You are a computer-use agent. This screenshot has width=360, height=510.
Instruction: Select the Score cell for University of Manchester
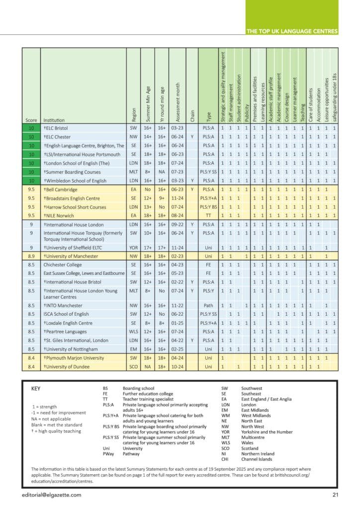(x=31, y=256)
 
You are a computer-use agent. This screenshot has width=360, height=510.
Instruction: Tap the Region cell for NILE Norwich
(x=133, y=216)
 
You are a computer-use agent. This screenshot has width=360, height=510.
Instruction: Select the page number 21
(x=336, y=495)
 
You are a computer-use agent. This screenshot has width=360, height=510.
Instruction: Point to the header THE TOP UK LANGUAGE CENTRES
(x=292, y=31)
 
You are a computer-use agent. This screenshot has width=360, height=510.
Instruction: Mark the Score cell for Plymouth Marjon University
(x=31, y=358)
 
